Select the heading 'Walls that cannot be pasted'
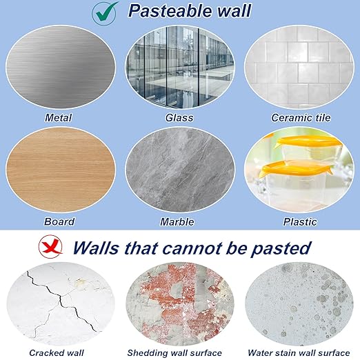[192, 247]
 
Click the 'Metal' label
[58, 118]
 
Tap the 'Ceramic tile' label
[300, 118]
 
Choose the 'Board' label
[59, 222]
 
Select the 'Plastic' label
[300, 222]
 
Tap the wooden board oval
[58, 171]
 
